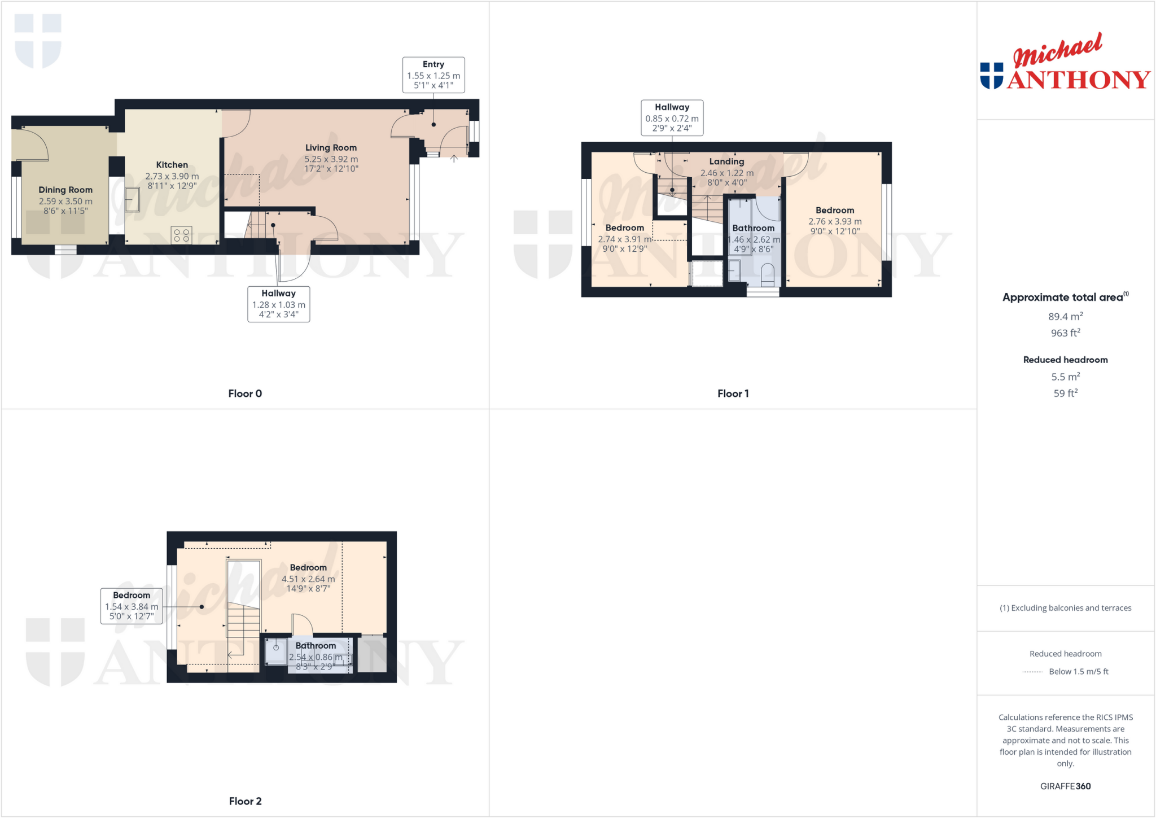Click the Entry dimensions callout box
(x=433, y=75)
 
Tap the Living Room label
(x=331, y=148)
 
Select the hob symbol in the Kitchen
(x=182, y=235)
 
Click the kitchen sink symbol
(x=132, y=199)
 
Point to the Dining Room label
(x=65, y=190)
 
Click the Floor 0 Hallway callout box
(x=278, y=304)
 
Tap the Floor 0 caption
(x=245, y=393)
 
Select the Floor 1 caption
(x=733, y=393)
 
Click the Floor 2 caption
(x=245, y=801)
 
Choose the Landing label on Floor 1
(x=726, y=162)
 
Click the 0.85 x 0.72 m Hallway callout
(x=672, y=117)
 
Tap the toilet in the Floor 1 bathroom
(x=768, y=275)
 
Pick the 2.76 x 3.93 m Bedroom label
(x=835, y=211)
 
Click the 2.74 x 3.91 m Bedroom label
(x=624, y=228)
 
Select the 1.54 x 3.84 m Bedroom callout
(x=132, y=606)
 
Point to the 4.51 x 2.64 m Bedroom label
(x=308, y=568)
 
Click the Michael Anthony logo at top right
(x=1065, y=62)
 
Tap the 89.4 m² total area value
(x=1065, y=317)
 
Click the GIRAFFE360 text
(x=1065, y=786)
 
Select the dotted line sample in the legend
(x=1032, y=672)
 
